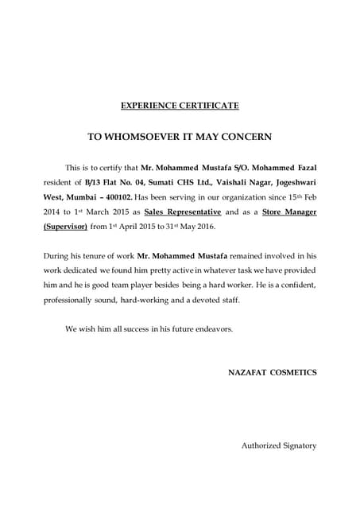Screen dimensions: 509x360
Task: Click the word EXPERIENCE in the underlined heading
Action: click(x=151, y=105)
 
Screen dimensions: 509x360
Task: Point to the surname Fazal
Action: click(x=302, y=169)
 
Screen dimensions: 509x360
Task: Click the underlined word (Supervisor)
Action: click(x=66, y=228)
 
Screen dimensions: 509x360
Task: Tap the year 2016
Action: click(x=203, y=228)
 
